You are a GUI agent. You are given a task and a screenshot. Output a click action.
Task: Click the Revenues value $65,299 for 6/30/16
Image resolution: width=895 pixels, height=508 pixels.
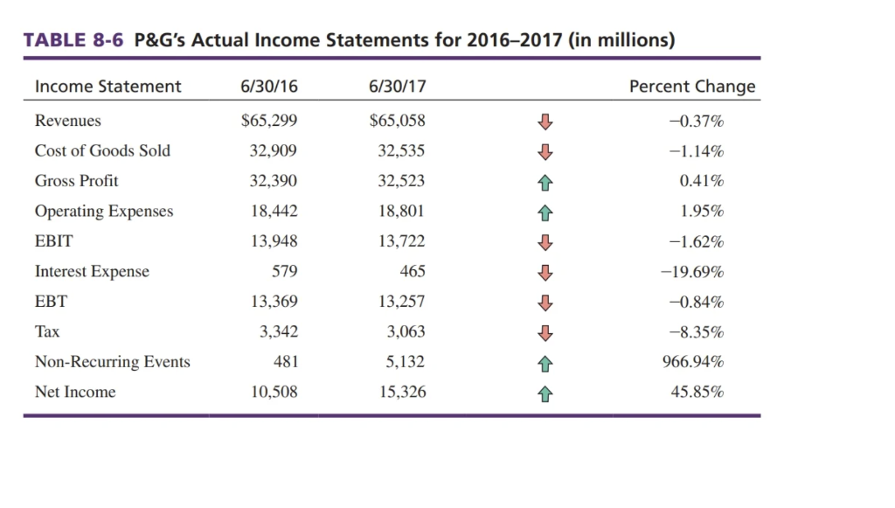(268, 121)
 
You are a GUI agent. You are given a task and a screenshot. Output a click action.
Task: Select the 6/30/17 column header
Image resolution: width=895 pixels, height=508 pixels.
(398, 86)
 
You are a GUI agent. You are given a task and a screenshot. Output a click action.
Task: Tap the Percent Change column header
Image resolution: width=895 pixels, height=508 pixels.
(692, 86)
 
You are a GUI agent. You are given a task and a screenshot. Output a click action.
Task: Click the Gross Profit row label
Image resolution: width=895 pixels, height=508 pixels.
(76, 181)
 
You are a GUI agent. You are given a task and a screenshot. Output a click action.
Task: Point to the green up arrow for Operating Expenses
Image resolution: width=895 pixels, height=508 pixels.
(545, 212)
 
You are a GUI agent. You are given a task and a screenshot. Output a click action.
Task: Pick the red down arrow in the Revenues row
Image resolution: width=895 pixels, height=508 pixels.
(545, 121)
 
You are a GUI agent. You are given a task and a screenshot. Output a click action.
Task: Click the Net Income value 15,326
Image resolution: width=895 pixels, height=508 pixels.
(402, 393)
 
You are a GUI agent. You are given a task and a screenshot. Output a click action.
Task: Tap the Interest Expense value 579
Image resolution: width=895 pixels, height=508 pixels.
(284, 272)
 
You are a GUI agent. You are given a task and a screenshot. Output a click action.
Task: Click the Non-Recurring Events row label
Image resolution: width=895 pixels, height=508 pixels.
(112, 362)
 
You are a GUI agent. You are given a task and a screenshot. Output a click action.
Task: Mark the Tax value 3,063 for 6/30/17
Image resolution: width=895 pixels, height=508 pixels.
(406, 332)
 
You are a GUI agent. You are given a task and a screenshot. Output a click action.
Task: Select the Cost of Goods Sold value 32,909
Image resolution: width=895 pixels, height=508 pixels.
(274, 151)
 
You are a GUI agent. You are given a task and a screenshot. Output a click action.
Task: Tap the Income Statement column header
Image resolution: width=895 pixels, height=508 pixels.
(108, 86)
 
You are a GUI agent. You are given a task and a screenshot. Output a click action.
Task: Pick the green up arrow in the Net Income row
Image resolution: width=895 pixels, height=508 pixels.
(545, 393)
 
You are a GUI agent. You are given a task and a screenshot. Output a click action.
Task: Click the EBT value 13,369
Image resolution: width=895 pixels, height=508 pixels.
(273, 302)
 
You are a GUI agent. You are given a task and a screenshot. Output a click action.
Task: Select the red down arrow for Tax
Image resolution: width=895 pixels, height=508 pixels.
(545, 332)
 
